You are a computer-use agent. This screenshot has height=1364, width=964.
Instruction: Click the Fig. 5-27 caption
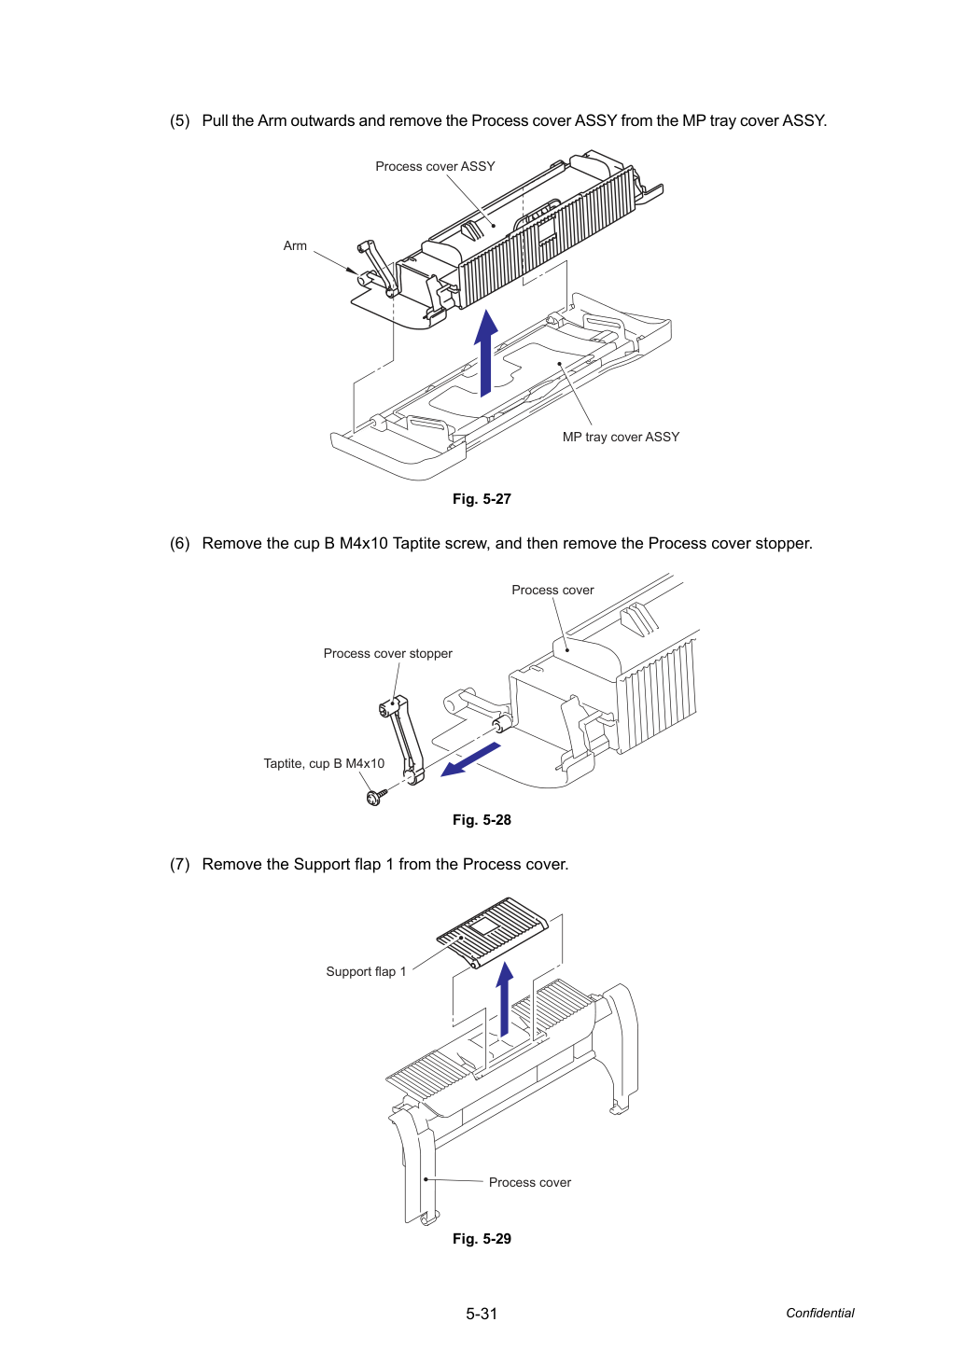point(482,499)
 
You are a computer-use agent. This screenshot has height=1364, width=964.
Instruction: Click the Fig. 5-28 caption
point(482,820)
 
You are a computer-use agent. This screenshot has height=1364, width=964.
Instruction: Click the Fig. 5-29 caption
point(482,1239)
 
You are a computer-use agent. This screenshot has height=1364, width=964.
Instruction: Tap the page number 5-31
point(482,1314)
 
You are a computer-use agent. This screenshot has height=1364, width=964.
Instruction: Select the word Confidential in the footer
point(819,1313)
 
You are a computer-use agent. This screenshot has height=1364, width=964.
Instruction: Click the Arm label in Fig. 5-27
point(295,245)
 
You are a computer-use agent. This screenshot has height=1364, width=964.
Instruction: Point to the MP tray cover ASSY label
point(621,437)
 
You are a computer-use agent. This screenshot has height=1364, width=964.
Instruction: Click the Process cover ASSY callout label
point(435,166)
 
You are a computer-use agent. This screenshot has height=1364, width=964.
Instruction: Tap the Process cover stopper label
point(387,653)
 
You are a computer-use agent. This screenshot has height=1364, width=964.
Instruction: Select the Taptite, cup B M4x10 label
point(324,763)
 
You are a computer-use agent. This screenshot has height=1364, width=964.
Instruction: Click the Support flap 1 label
point(366,971)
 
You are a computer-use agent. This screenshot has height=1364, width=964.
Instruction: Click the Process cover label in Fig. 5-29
point(530,1182)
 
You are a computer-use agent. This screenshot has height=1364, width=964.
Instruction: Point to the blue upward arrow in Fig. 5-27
point(486,354)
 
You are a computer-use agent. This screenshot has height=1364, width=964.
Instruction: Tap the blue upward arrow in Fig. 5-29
point(504,998)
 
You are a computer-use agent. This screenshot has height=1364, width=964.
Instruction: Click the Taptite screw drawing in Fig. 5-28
point(377,796)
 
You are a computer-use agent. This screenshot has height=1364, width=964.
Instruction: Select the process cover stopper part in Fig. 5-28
point(400,739)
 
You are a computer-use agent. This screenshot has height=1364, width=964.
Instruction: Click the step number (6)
point(180,543)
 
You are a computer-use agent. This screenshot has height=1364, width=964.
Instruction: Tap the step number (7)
point(180,864)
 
